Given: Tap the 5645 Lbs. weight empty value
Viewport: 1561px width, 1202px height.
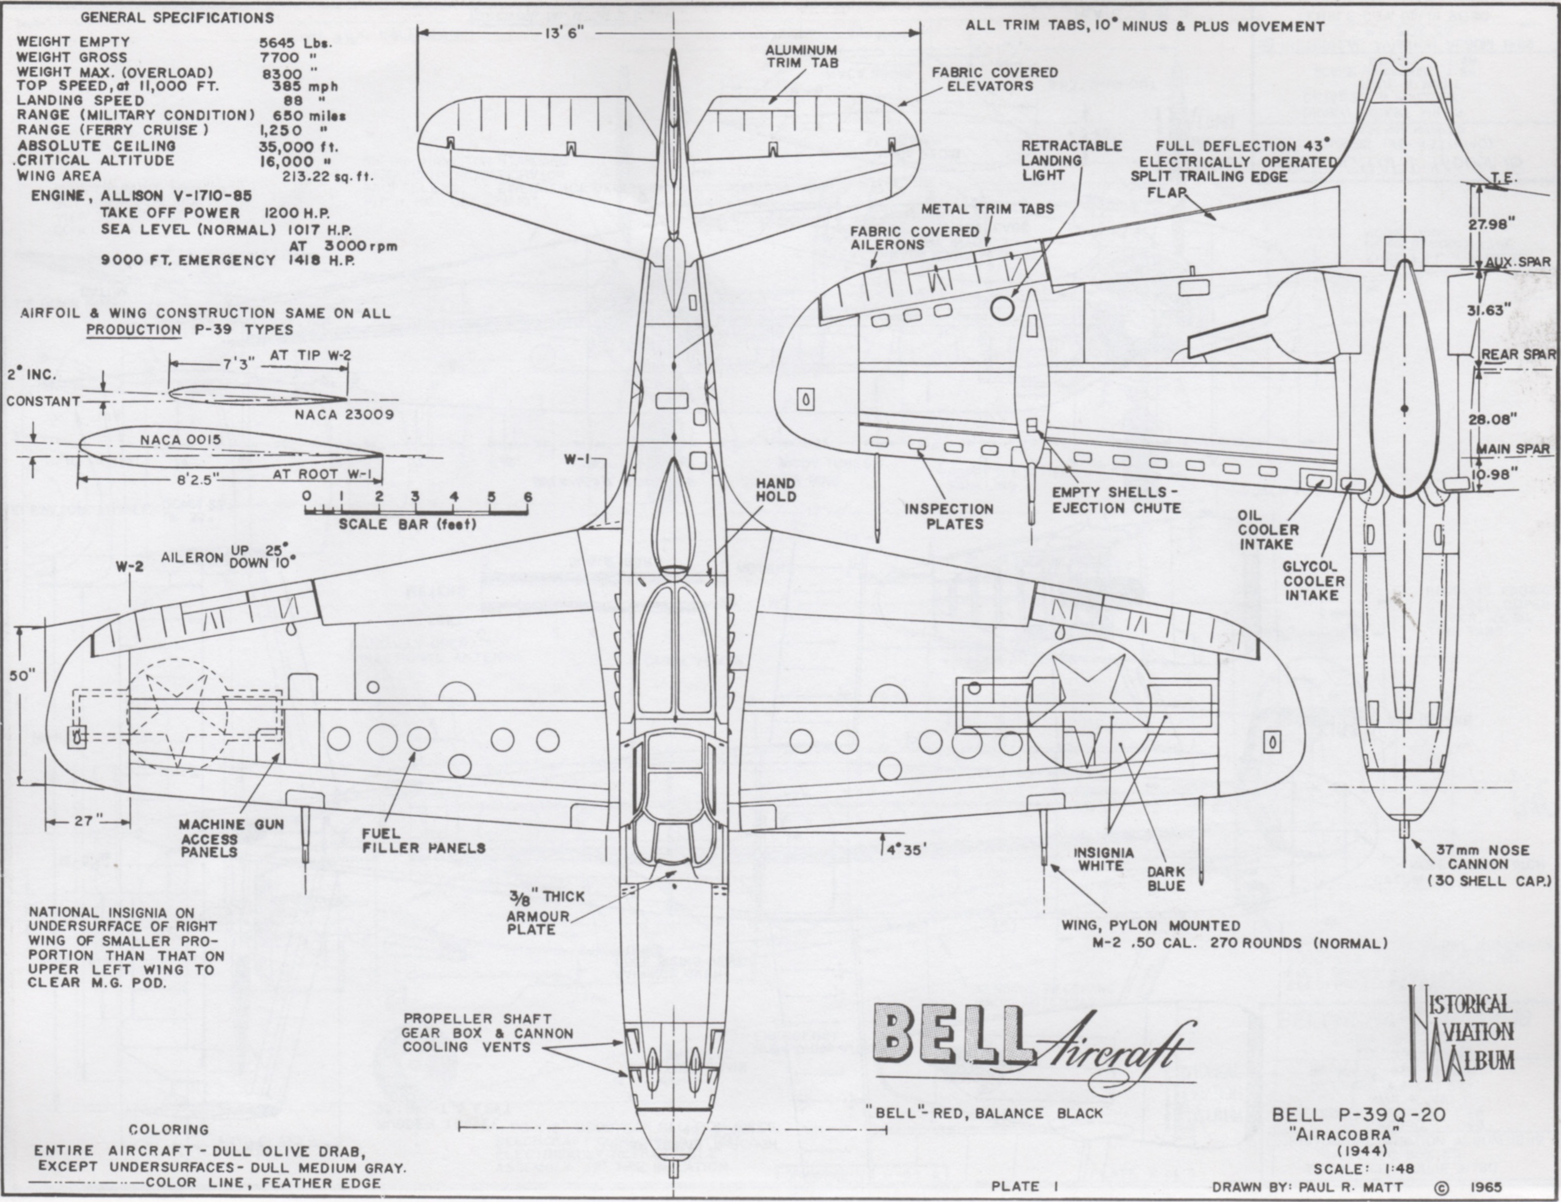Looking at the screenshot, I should coord(295,42).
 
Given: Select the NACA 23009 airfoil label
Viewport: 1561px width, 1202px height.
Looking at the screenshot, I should coord(344,414).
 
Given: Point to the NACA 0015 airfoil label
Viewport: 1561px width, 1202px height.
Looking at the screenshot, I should coord(180,440).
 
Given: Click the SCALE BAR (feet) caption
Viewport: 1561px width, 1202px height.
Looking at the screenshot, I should coord(407,524).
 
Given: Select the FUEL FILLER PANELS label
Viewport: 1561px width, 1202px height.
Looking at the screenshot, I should coord(423,841).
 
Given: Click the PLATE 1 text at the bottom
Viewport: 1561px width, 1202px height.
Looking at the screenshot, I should coord(1023,1185).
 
